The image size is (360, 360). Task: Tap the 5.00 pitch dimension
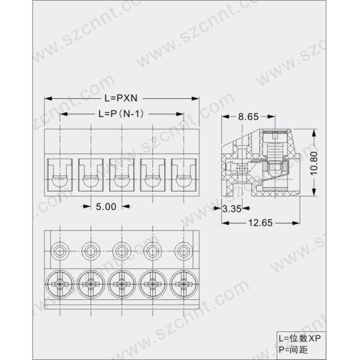pos(106,206)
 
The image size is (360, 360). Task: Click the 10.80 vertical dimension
pos(323,161)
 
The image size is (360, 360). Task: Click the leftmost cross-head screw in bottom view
pos(59,281)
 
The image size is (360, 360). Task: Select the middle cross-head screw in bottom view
pos(121,281)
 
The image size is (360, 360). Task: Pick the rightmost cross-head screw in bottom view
pos(183,281)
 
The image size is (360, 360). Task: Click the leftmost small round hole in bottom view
pos(59,250)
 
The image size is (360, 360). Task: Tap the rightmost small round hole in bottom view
pos(183,250)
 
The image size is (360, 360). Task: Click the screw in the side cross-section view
pos(275,150)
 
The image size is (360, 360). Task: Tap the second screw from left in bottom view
pos(90,281)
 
